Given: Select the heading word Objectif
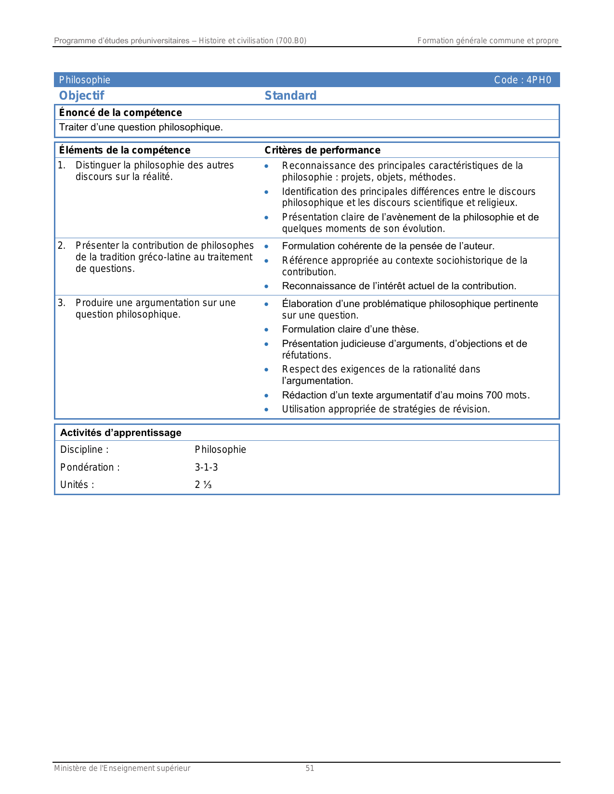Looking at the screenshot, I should click(81, 95).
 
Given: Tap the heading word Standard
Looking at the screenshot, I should click(290, 95).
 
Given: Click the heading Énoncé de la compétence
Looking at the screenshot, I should click(120, 113).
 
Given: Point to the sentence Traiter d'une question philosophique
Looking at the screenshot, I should click(141, 128).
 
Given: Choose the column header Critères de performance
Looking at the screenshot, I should click(322, 150).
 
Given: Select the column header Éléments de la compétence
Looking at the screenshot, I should click(124, 150).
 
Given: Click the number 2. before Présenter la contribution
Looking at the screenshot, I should click(62, 246).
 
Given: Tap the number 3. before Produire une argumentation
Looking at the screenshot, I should click(62, 303).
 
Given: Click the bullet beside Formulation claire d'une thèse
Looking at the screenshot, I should click(266, 330).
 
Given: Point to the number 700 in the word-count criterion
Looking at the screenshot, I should click(494, 395).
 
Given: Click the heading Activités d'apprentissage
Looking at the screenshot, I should click(120, 433).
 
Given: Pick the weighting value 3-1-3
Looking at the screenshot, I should click(206, 467).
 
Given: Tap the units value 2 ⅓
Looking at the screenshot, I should click(203, 485).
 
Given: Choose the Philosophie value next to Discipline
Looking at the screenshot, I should click(220, 449).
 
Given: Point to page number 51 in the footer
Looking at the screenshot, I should click(310, 768).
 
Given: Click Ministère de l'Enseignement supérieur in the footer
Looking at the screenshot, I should click(122, 768).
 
